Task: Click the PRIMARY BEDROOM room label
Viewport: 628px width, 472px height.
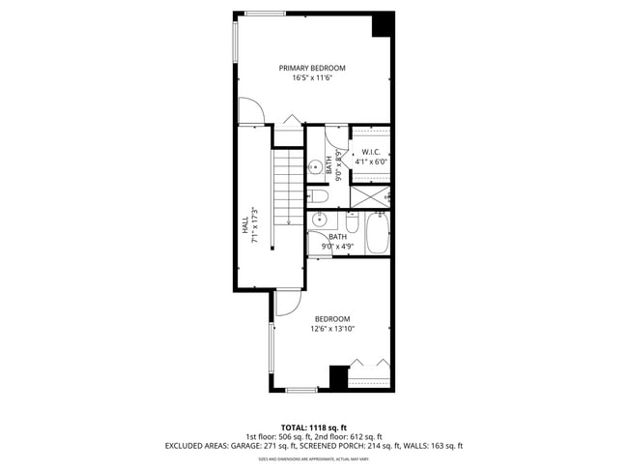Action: pos(311,68)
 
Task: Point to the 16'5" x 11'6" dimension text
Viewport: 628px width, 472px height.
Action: pos(311,78)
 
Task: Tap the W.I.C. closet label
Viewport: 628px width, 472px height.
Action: pos(370,153)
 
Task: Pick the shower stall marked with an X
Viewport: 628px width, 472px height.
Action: pos(368,196)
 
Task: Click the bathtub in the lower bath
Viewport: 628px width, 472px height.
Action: pos(376,235)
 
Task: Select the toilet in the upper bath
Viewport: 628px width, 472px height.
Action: pos(320,197)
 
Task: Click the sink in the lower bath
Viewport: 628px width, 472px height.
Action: pos(318,220)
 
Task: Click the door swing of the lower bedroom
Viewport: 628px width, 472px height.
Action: pos(287,303)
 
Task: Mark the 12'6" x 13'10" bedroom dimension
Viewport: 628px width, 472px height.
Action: pos(330,329)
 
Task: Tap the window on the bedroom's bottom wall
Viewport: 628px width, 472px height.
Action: pos(301,390)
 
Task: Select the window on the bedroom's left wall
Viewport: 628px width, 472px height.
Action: pos(271,349)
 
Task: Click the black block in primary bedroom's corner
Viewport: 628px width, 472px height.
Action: pos(384,23)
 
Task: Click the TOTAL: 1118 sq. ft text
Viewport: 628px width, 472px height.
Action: pos(314,427)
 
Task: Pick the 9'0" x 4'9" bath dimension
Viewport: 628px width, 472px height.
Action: pos(337,247)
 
